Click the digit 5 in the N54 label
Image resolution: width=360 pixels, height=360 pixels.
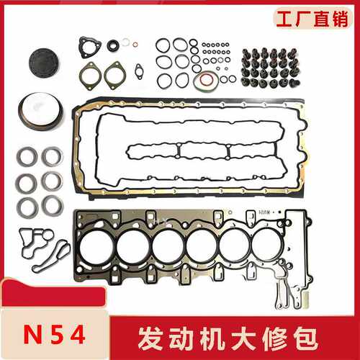click(x=57, y=334)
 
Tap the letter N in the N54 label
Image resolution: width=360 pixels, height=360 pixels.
click(x=34, y=334)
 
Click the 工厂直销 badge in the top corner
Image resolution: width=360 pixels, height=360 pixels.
click(x=312, y=19)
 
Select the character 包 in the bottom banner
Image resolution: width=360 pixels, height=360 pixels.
click(x=305, y=339)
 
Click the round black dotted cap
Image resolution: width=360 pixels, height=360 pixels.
click(x=44, y=63)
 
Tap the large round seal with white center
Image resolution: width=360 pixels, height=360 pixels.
click(x=41, y=112)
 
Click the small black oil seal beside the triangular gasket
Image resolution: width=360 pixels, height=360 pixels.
click(x=113, y=45)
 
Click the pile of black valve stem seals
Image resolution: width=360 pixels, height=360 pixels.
click(x=271, y=68)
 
